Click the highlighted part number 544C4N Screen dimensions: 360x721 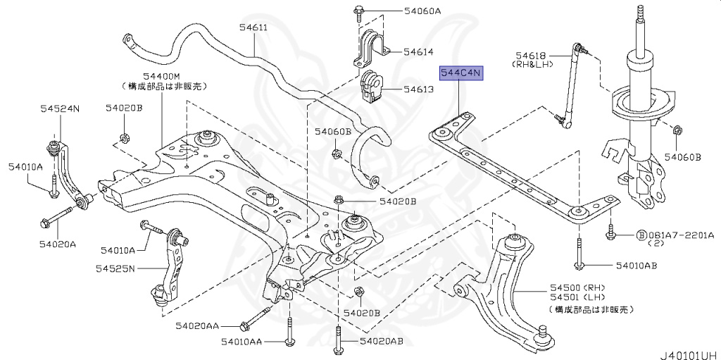click(x=462, y=73)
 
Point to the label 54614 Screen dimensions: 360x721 click(x=418, y=52)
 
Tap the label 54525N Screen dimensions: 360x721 click(x=115, y=268)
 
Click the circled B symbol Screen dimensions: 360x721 click(x=641, y=235)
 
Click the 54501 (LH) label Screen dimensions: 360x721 click(x=579, y=299)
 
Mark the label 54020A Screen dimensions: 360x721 click(x=52, y=243)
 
